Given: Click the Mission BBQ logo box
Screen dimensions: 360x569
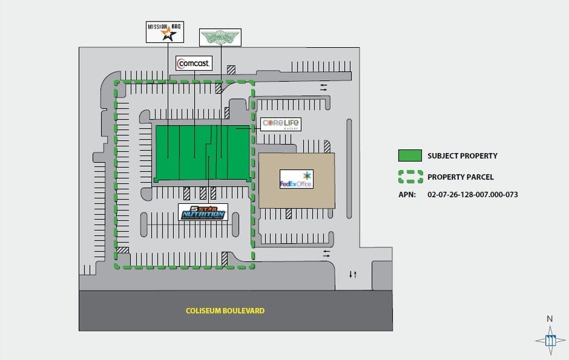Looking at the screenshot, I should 164,31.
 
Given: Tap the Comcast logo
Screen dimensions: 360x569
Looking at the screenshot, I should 194,63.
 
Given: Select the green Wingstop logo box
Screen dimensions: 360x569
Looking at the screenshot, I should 220,37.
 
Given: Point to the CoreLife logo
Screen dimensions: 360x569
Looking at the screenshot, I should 281,124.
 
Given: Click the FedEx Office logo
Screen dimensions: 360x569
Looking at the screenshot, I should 296,179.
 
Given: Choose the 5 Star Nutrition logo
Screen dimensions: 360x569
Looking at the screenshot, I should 203,212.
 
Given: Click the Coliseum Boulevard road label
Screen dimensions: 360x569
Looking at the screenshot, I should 225,310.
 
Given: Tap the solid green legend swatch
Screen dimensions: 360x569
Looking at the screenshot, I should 410,156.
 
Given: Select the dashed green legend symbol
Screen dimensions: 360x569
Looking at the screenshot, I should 410,177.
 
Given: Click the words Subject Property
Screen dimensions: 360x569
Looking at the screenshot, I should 462,156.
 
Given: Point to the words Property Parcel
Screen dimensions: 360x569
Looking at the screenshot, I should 461,177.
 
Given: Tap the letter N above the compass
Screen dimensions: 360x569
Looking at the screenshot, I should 549,318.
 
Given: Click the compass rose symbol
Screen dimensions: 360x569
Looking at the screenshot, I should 550,340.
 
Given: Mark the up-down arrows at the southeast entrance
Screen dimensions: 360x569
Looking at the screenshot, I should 353,274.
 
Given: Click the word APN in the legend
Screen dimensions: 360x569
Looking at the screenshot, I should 407,195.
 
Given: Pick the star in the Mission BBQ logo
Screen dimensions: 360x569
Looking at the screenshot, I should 168,35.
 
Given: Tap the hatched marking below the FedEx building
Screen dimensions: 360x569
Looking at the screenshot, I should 288,214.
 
